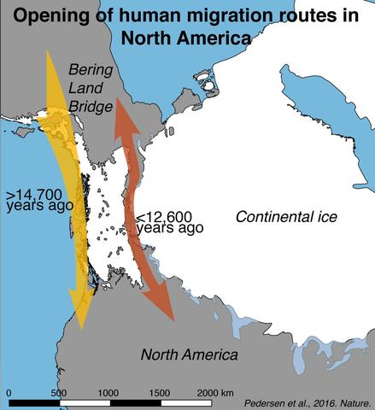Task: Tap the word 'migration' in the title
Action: pyautogui.click(x=234, y=15)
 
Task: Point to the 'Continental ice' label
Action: pyautogui.click(x=286, y=217)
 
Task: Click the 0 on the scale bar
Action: pyautogui.click(x=9, y=391)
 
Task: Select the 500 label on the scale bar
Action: pyautogui.click(x=58, y=391)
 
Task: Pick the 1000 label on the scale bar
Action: pyautogui.click(x=108, y=391)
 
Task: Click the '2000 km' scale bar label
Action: pyautogui.click(x=214, y=391)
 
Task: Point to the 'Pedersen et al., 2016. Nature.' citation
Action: pyautogui.click(x=307, y=401)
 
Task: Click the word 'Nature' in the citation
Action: pyautogui.click(x=355, y=401)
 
